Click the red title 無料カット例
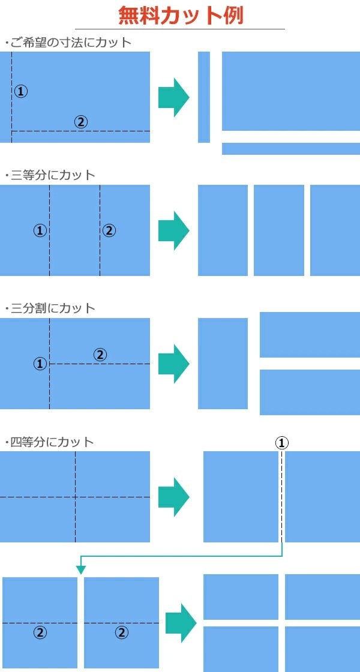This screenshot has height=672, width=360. point(181,16)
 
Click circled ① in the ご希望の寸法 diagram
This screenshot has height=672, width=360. point(21,91)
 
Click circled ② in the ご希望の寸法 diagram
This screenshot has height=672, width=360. point(80,122)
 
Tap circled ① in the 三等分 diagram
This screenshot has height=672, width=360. point(40,230)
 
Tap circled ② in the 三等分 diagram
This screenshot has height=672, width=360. point(109,230)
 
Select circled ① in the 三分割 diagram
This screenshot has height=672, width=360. point(40,364)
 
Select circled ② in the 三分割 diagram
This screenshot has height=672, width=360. point(100,355)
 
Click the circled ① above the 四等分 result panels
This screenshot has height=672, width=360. point(281,443)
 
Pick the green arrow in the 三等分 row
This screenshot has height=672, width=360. point(173,230)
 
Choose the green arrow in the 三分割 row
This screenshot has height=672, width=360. point(173,364)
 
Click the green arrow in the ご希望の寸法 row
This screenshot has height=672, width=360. point(173,97)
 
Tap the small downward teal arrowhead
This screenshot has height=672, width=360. point(80,570)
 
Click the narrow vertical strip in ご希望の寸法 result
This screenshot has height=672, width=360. point(204,97)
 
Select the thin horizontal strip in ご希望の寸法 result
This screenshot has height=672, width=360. point(291,149)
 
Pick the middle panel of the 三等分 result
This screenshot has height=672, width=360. point(279,230)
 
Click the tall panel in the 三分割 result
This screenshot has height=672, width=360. point(223,364)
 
